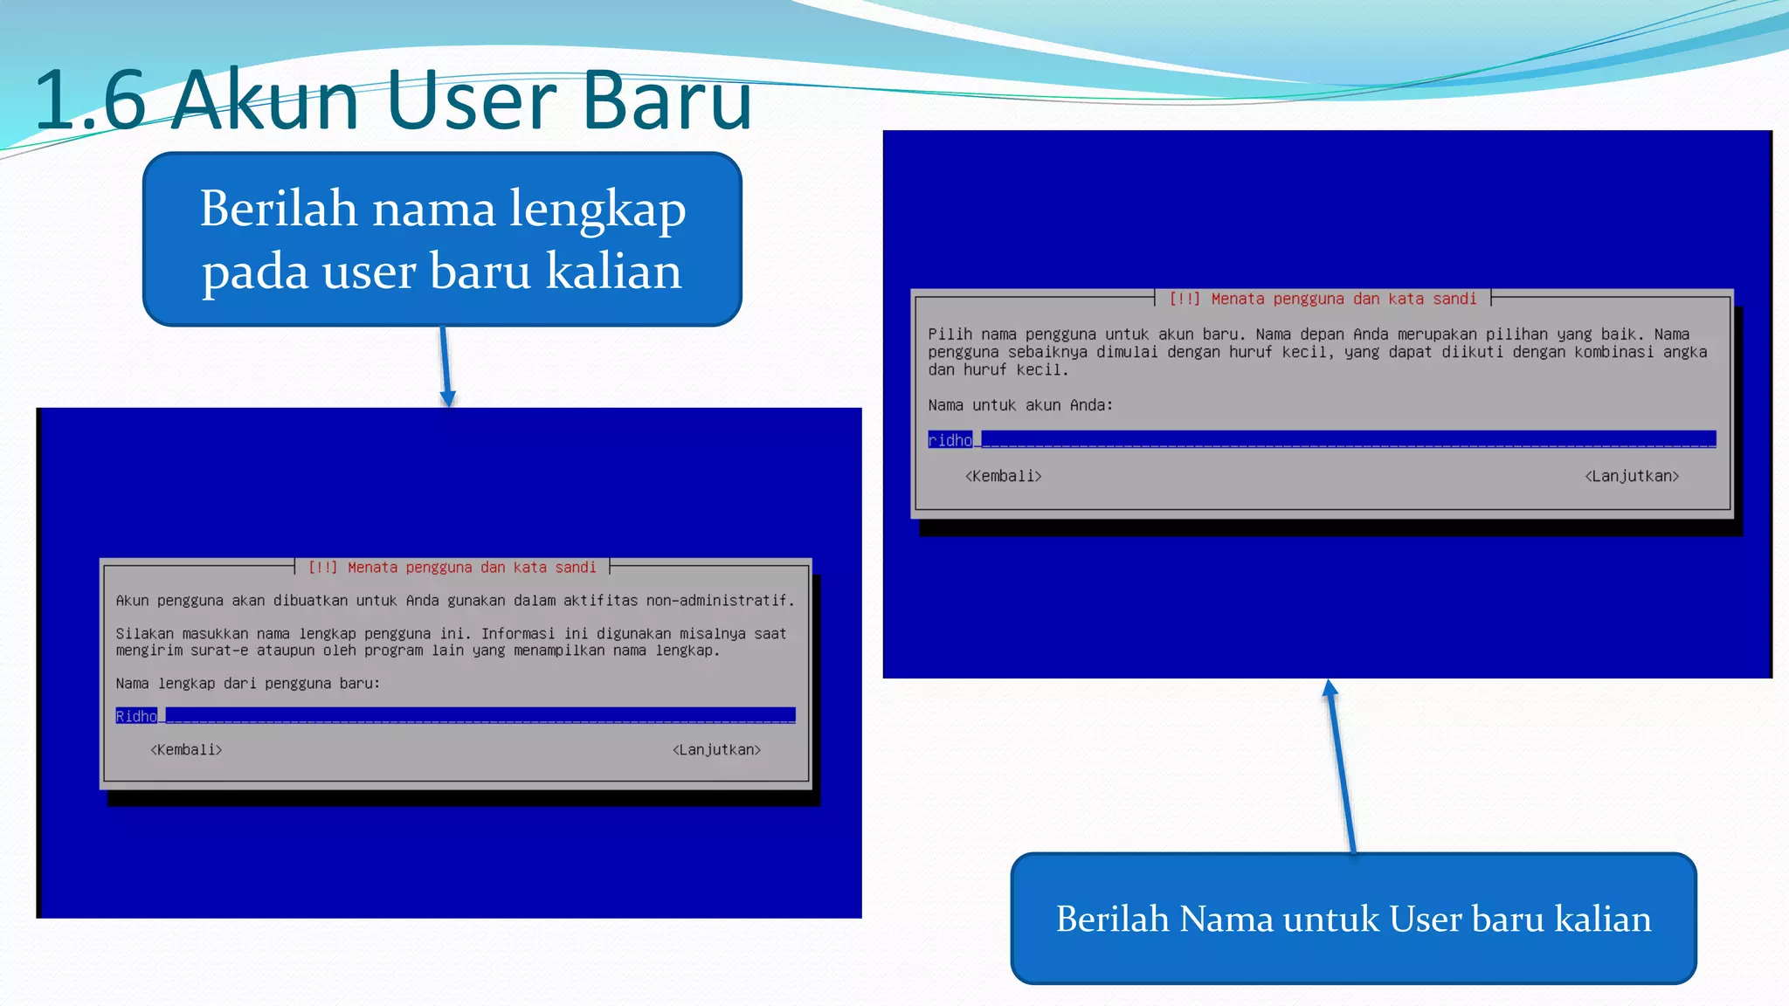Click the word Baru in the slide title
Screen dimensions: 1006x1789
(666, 100)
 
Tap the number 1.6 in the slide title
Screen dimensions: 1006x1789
(90, 102)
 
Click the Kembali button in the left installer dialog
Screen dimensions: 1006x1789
(186, 750)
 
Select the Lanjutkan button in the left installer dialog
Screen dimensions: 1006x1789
(716, 750)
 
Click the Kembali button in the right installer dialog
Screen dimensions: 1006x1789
(1003, 476)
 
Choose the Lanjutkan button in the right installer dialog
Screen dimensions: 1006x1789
(1632, 476)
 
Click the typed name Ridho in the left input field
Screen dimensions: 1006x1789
(136, 716)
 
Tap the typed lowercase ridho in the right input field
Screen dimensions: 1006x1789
(950, 440)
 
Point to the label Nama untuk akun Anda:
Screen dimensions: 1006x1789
(1020, 405)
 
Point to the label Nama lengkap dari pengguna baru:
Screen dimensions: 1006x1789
(248, 684)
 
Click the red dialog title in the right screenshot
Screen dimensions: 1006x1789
(1323, 299)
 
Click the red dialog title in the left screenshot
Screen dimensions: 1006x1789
(452, 568)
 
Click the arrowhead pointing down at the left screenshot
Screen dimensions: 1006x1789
(448, 399)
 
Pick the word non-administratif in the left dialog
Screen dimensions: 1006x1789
(720, 601)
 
